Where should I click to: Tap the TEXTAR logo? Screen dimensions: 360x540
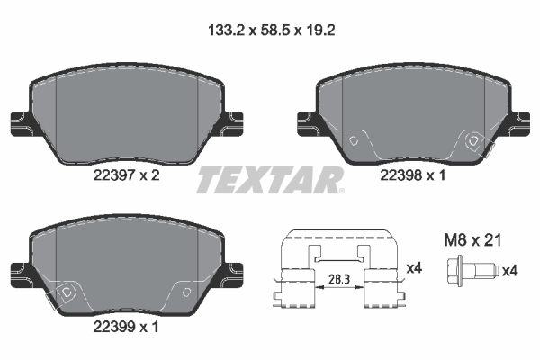point(270,179)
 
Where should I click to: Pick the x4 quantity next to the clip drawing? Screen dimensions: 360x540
point(415,267)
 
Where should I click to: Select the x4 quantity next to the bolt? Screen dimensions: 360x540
point(509,269)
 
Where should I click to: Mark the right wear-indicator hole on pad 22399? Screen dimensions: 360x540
point(184,292)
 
